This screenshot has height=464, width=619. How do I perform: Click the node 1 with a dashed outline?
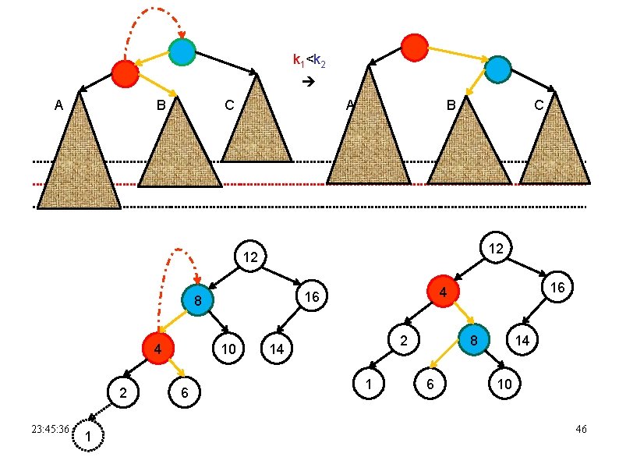coord(87,439)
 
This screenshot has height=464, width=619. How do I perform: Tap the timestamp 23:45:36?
coord(50,429)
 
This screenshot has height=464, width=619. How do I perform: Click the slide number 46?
coord(580,430)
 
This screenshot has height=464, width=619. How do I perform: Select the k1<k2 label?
coord(308,60)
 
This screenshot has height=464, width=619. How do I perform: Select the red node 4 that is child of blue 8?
coord(157,348)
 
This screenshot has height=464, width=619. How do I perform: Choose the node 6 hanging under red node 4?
coord(184,393)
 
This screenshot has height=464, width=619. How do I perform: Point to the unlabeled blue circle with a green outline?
coord(182,52)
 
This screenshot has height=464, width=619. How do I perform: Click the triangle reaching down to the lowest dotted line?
coord(79,156)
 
